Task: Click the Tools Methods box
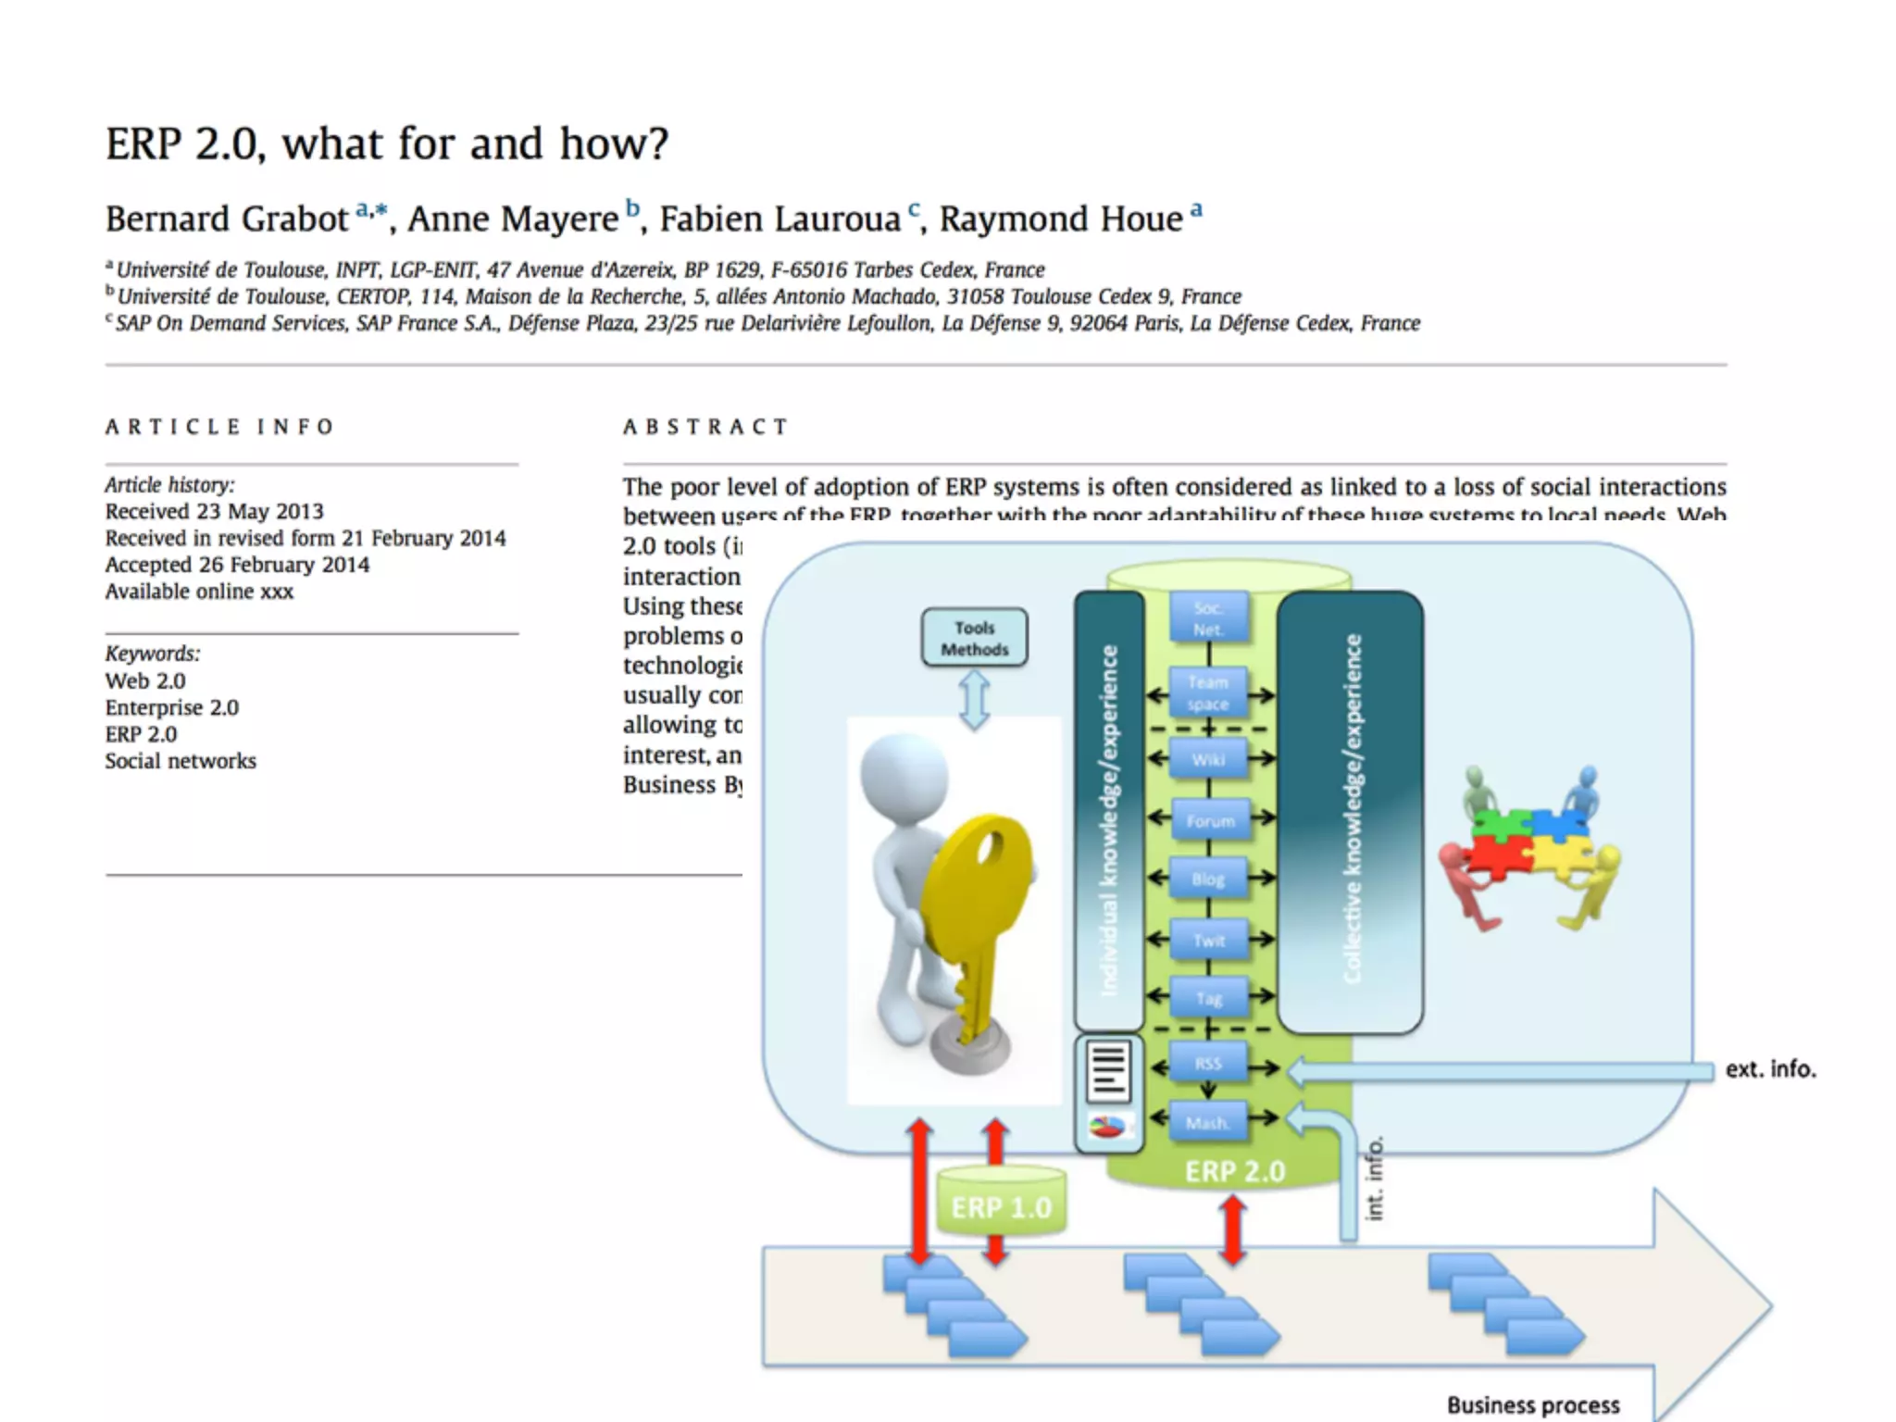(x=974, y=638)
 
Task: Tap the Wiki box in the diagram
(x=1208, y=759)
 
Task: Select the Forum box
(x=1209, y=820)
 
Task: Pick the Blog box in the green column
(x=1208, y=879)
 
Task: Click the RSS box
(x=1208, y=1064)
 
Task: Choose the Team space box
(x=1208, y=692)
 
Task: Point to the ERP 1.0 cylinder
(x=1001, y=1202)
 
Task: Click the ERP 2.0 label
(x=1235, y=1172)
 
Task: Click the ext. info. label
(x=1770, y=1069)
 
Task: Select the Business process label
(x=1533, y=1405)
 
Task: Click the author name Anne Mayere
(x=513, y=219)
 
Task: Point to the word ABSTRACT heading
(x=705, y=427)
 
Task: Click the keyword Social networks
(x=181, y=761)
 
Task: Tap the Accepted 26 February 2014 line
(x=237, y=565)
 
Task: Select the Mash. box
(x=1208, y=1123)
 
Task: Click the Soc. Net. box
(x=1208, y=618)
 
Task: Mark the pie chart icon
(x=1108, y=1127)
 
